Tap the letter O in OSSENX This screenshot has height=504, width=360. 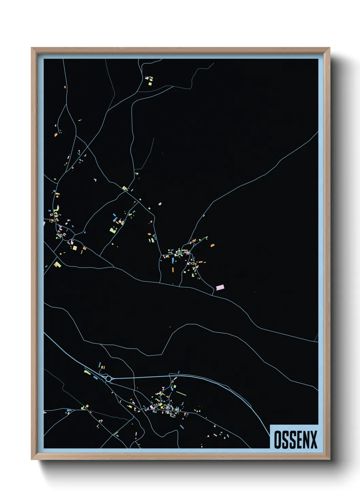[277, 440]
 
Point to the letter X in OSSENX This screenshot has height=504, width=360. [313, 440]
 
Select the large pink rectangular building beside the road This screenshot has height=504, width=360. [220, 287]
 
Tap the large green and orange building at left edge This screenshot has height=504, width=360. [57, 264]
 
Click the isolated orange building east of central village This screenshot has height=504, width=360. [213, 245]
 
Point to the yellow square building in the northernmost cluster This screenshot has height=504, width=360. [150, 83]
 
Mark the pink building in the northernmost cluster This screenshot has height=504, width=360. [147, 79]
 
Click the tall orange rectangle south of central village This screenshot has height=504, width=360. [173, 270]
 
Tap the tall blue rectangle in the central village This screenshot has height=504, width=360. [173, 260]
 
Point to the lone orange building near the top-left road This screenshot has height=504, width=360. [65, 87]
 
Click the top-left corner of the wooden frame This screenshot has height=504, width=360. [32, 48]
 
